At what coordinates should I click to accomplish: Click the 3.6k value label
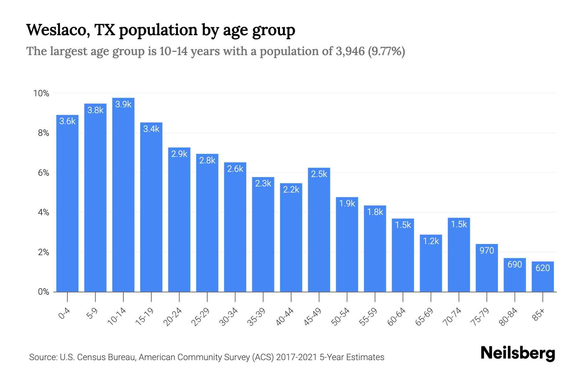coord(67,121)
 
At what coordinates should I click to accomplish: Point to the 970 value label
coord(487,250)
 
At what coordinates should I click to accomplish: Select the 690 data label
coord(515,265)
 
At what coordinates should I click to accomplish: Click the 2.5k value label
coord(319,174)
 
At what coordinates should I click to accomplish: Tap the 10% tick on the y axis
coord(41,93)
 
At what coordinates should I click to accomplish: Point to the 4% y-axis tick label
coord(43,213)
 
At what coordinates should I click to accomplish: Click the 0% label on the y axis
coord(43,292)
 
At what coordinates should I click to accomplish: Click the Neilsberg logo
coord(518,354)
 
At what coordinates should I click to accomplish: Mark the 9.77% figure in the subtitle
coord(386,51)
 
